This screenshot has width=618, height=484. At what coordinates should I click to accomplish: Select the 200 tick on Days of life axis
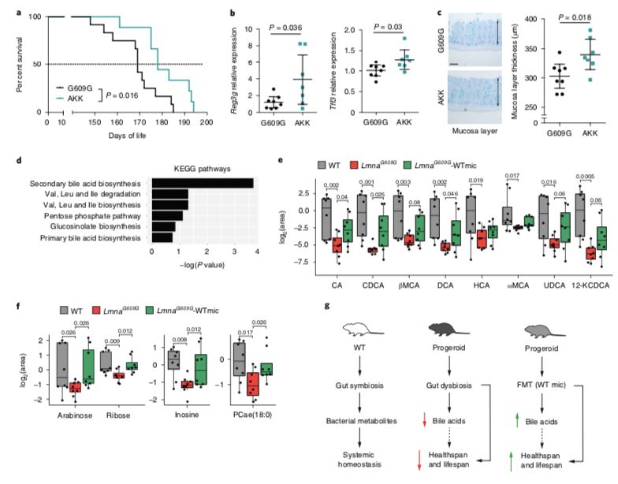click(207, 124)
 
